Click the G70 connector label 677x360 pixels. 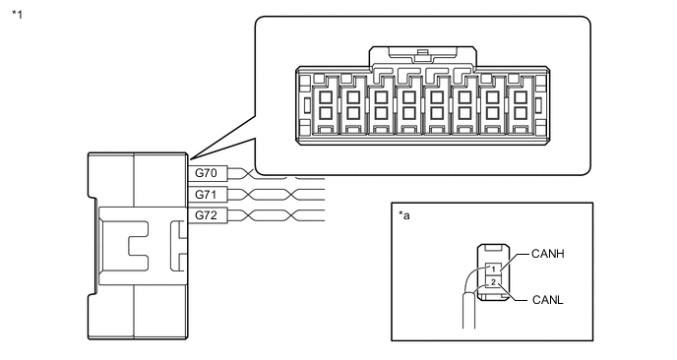pyautogui.click(x=206, y=173)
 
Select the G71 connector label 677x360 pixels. pyautogui.click(x=206, y=194)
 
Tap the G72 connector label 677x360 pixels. pyautogui.click(x=206, y=215)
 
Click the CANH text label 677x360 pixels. pyautogui.click(x=548, y=254)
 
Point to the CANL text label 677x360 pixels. pyautogui.click(x=548, y=300)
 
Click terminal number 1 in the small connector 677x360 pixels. pyautogui.click(x=493, y=270)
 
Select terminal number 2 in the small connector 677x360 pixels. pyautogui.click(x=493, y=283)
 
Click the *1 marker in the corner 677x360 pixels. pyautogui.click(x=18, y=15)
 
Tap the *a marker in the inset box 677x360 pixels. pyautogui.click(x=404, y=215)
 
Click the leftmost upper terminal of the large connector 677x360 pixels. pyautogui.click(x=325, y=97)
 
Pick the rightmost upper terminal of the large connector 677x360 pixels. pyautogui.click(x=521, y=97)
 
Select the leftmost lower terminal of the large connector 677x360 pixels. pyautogui.click(x=325, y=113)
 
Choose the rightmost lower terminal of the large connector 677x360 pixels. pyautogui.click(x=521, y=113)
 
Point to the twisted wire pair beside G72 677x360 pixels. pyautogui.click(x=277, y=215)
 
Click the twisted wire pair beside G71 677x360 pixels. pyautogui.click(x=277, y=194)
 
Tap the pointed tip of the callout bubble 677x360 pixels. pyautogui.click(x=190, y=158)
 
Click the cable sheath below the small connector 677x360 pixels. pyautogui.click(x=469, y=311)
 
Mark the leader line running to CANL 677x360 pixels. pyautogui.click(x=512, y=293)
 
